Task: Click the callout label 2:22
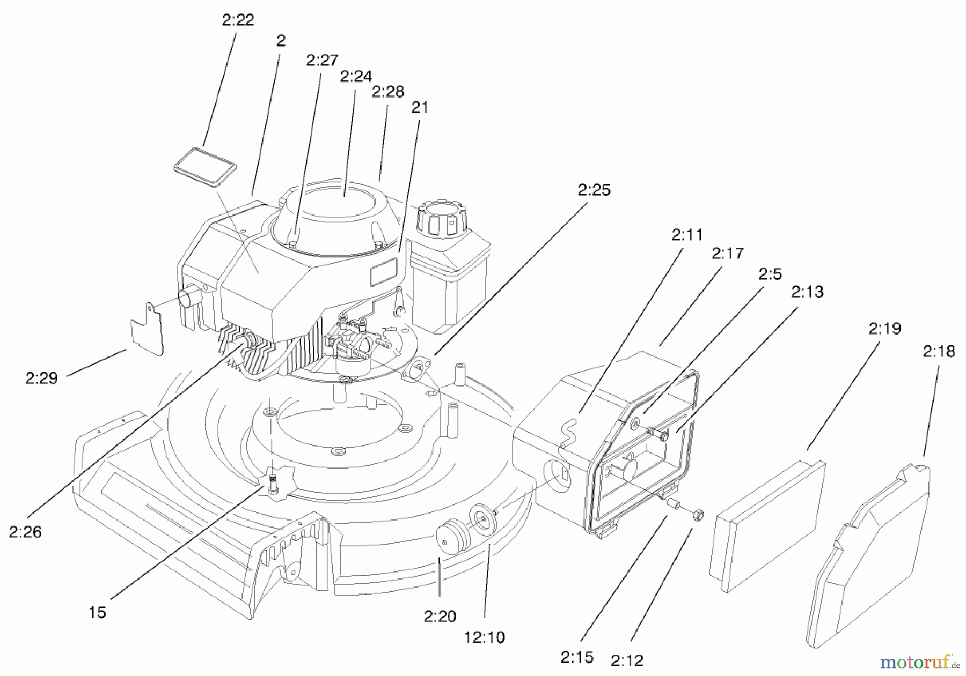click(238, 20)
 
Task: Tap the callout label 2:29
click(41, 378)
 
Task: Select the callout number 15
click(97, 612)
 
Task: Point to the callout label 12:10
click(484, 637)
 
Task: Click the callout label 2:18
click(939, 351)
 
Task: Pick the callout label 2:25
click(594, 190)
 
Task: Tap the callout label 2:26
click(25, 532)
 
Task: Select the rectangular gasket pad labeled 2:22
click(206, 167)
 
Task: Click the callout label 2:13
click(807, 292)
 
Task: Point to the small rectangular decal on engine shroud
click(383, 273)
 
